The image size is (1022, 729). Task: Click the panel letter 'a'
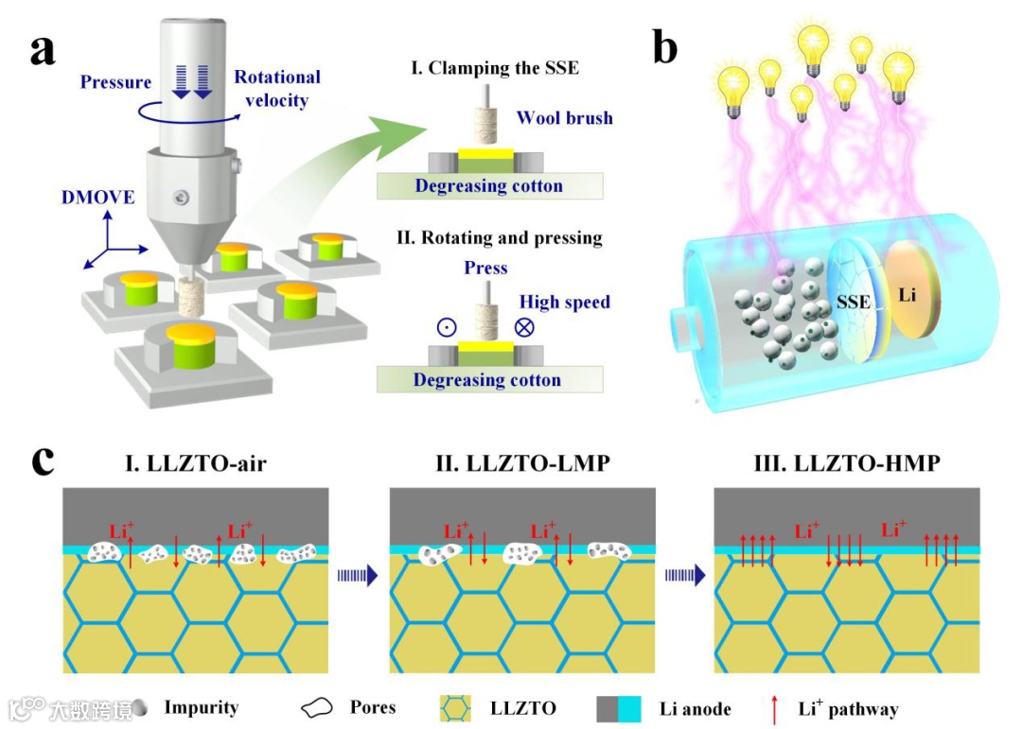(x=44, y=49)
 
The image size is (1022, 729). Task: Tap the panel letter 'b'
(x=665, y=44)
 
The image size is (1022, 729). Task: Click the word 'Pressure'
(x=115, y=82)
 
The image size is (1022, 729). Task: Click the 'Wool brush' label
(x=564, y=118)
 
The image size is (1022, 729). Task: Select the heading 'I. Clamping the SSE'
(x=490, y=68)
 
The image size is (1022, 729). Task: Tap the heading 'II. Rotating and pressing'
(x=499, y=236)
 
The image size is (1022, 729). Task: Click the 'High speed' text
(x=564, y=303)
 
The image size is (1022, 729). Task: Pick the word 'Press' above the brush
(x=485, y=268)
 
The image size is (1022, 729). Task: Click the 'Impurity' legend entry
(x=201, y=707)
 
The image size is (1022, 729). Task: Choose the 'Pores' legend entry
(x=372, y=707)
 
